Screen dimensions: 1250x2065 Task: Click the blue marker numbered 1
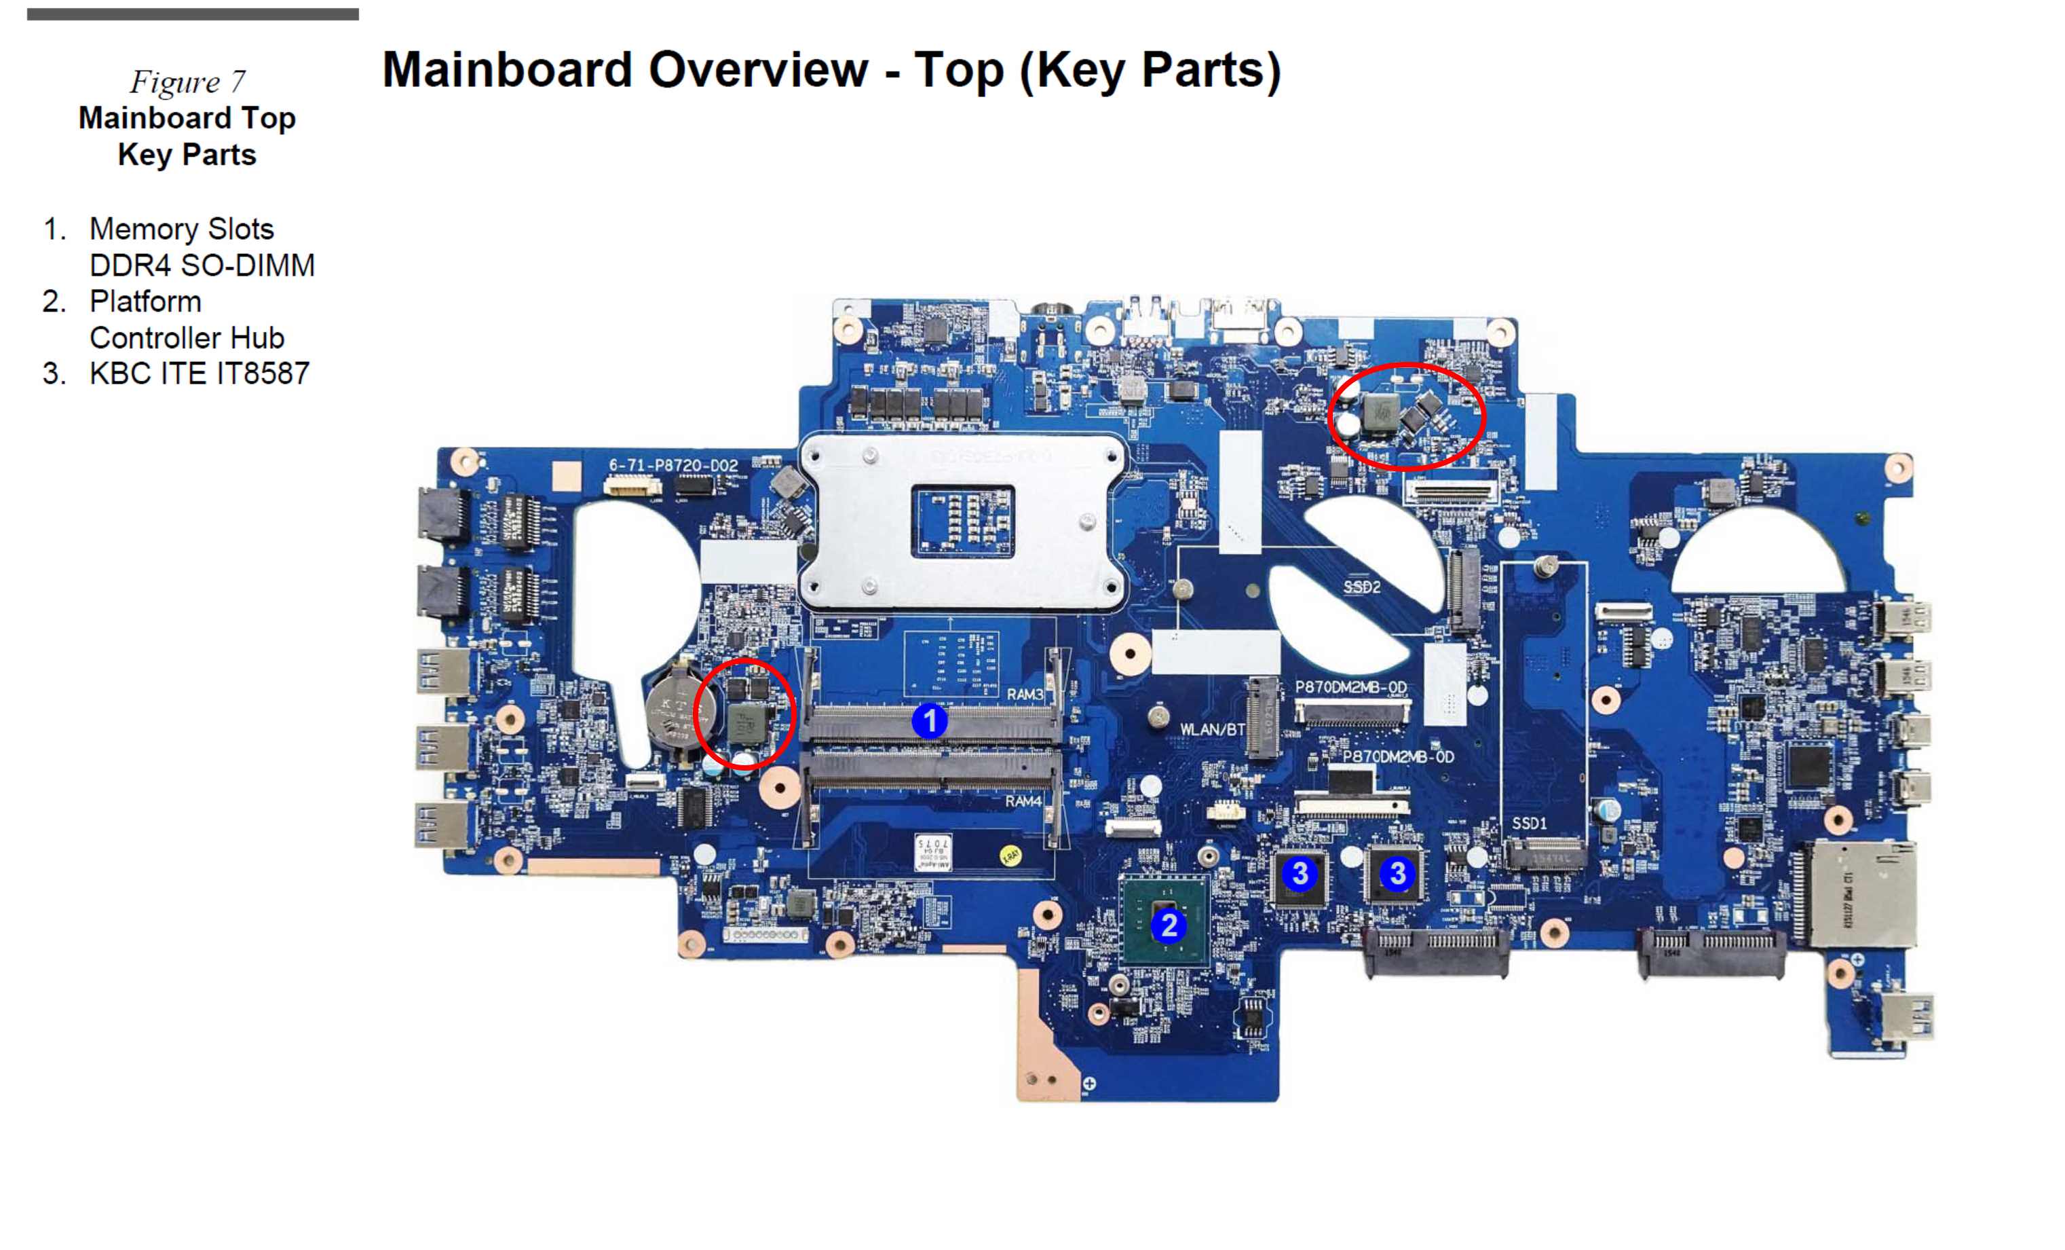tap(928, 721)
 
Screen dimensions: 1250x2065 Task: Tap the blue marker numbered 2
tap(1169, 925)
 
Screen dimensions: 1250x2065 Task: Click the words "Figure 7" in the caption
tap(188, 81)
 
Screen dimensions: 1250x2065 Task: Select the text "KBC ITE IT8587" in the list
tap(200, 373)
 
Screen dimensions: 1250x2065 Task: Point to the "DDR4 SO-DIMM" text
tap(202, 265)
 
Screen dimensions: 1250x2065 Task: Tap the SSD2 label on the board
tap(1361, 587)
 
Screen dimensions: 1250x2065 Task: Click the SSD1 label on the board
tap(1529, 824)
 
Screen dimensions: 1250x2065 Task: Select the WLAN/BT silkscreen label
tap(1212, 729)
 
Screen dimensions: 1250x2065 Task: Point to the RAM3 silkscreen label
tap(1025, 694)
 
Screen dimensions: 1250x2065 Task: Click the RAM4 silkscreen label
tap(1023, 801)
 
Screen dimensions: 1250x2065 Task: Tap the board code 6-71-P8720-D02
tap(673, 465)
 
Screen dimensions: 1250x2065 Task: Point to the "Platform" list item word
tap(145, 301)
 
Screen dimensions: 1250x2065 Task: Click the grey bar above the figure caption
tap(193, 14)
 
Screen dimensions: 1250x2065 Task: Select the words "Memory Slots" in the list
tap(182, 229)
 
